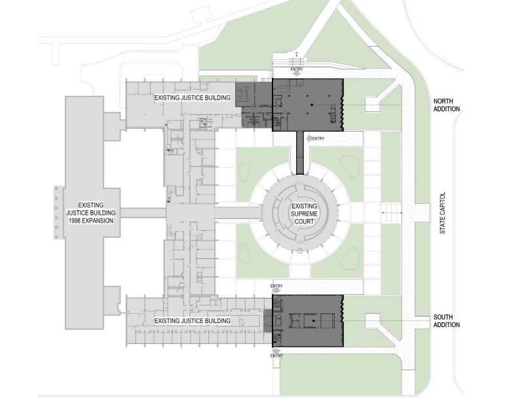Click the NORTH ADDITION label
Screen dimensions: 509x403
point(446,105)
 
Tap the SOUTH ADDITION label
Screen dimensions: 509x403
point(446,321)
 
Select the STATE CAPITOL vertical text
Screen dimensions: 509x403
point(442,213)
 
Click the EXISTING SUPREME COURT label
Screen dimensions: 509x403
point(304,214)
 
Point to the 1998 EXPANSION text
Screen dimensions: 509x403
point(90,221)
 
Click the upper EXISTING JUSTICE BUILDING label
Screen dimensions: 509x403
point(192,98)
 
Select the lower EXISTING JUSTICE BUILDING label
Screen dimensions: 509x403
point(192,321)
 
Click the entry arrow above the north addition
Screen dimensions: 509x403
point(296,74)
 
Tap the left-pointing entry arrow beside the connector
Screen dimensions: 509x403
point(309,139)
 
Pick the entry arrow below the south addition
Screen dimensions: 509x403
point(276,351)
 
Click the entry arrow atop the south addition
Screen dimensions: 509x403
point(276,291)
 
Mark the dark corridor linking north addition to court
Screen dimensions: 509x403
point(299,153)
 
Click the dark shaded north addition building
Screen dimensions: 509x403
point(307,105)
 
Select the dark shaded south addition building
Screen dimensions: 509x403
point(307,321)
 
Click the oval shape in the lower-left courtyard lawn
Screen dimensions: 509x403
point(245,253)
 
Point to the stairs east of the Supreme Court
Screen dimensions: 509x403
point(392,213)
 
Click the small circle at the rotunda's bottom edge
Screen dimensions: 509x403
point(299,251)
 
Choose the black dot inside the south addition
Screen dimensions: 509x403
point(314,321)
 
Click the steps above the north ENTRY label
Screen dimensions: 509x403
point(297,62)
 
